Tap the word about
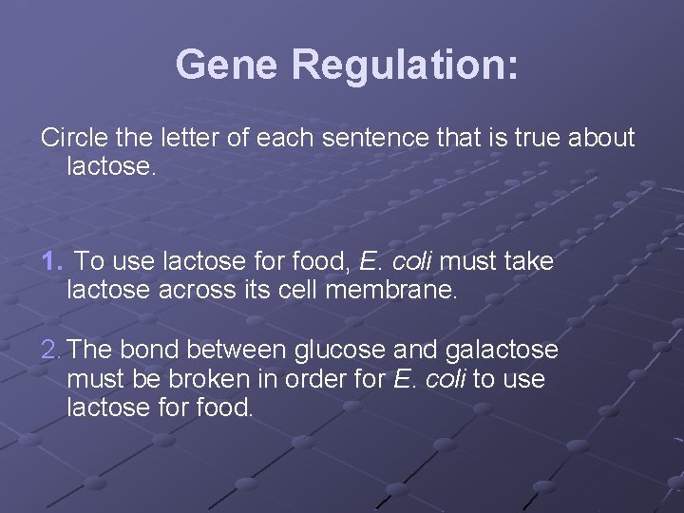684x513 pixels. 601,138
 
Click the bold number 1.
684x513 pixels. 51,260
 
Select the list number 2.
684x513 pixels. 51,350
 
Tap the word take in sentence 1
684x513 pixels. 528,260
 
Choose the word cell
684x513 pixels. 298,290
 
